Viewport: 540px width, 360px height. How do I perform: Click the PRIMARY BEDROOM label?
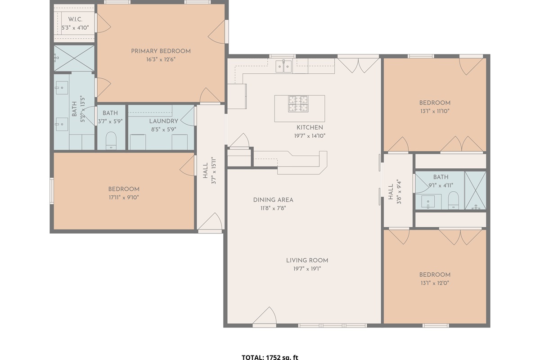(x=161, y=51)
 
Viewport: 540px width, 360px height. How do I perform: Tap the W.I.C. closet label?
(x=75, y=19)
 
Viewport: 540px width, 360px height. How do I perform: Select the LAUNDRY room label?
(x=164, y=121)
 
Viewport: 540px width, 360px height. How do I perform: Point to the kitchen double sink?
(x=283, y=67)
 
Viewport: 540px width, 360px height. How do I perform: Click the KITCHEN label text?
(x=310, y=127)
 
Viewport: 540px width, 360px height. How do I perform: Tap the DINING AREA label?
(x=273, y=200)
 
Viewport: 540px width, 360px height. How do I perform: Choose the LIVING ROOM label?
(x=307, y=260)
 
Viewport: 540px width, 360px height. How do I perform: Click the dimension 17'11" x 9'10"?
(x=123, y=197)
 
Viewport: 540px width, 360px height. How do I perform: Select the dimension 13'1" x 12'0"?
(x=435, y=283)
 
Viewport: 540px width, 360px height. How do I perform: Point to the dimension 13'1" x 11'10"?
(x=435, y=111)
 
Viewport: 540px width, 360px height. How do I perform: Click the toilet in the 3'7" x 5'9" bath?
(x=111, y=140)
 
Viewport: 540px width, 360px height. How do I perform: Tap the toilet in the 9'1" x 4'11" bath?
(x=453, y=200)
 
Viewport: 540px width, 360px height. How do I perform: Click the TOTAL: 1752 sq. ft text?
(x=270, y=357)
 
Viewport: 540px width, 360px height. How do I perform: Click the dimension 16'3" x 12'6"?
(x=161, y=59)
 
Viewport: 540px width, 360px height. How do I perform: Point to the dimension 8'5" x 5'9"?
(x=164, y=129)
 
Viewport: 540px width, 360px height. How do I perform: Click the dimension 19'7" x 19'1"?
(x=307, y=269)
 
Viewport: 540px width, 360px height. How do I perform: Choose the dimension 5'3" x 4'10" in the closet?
(x=75, y=27)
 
